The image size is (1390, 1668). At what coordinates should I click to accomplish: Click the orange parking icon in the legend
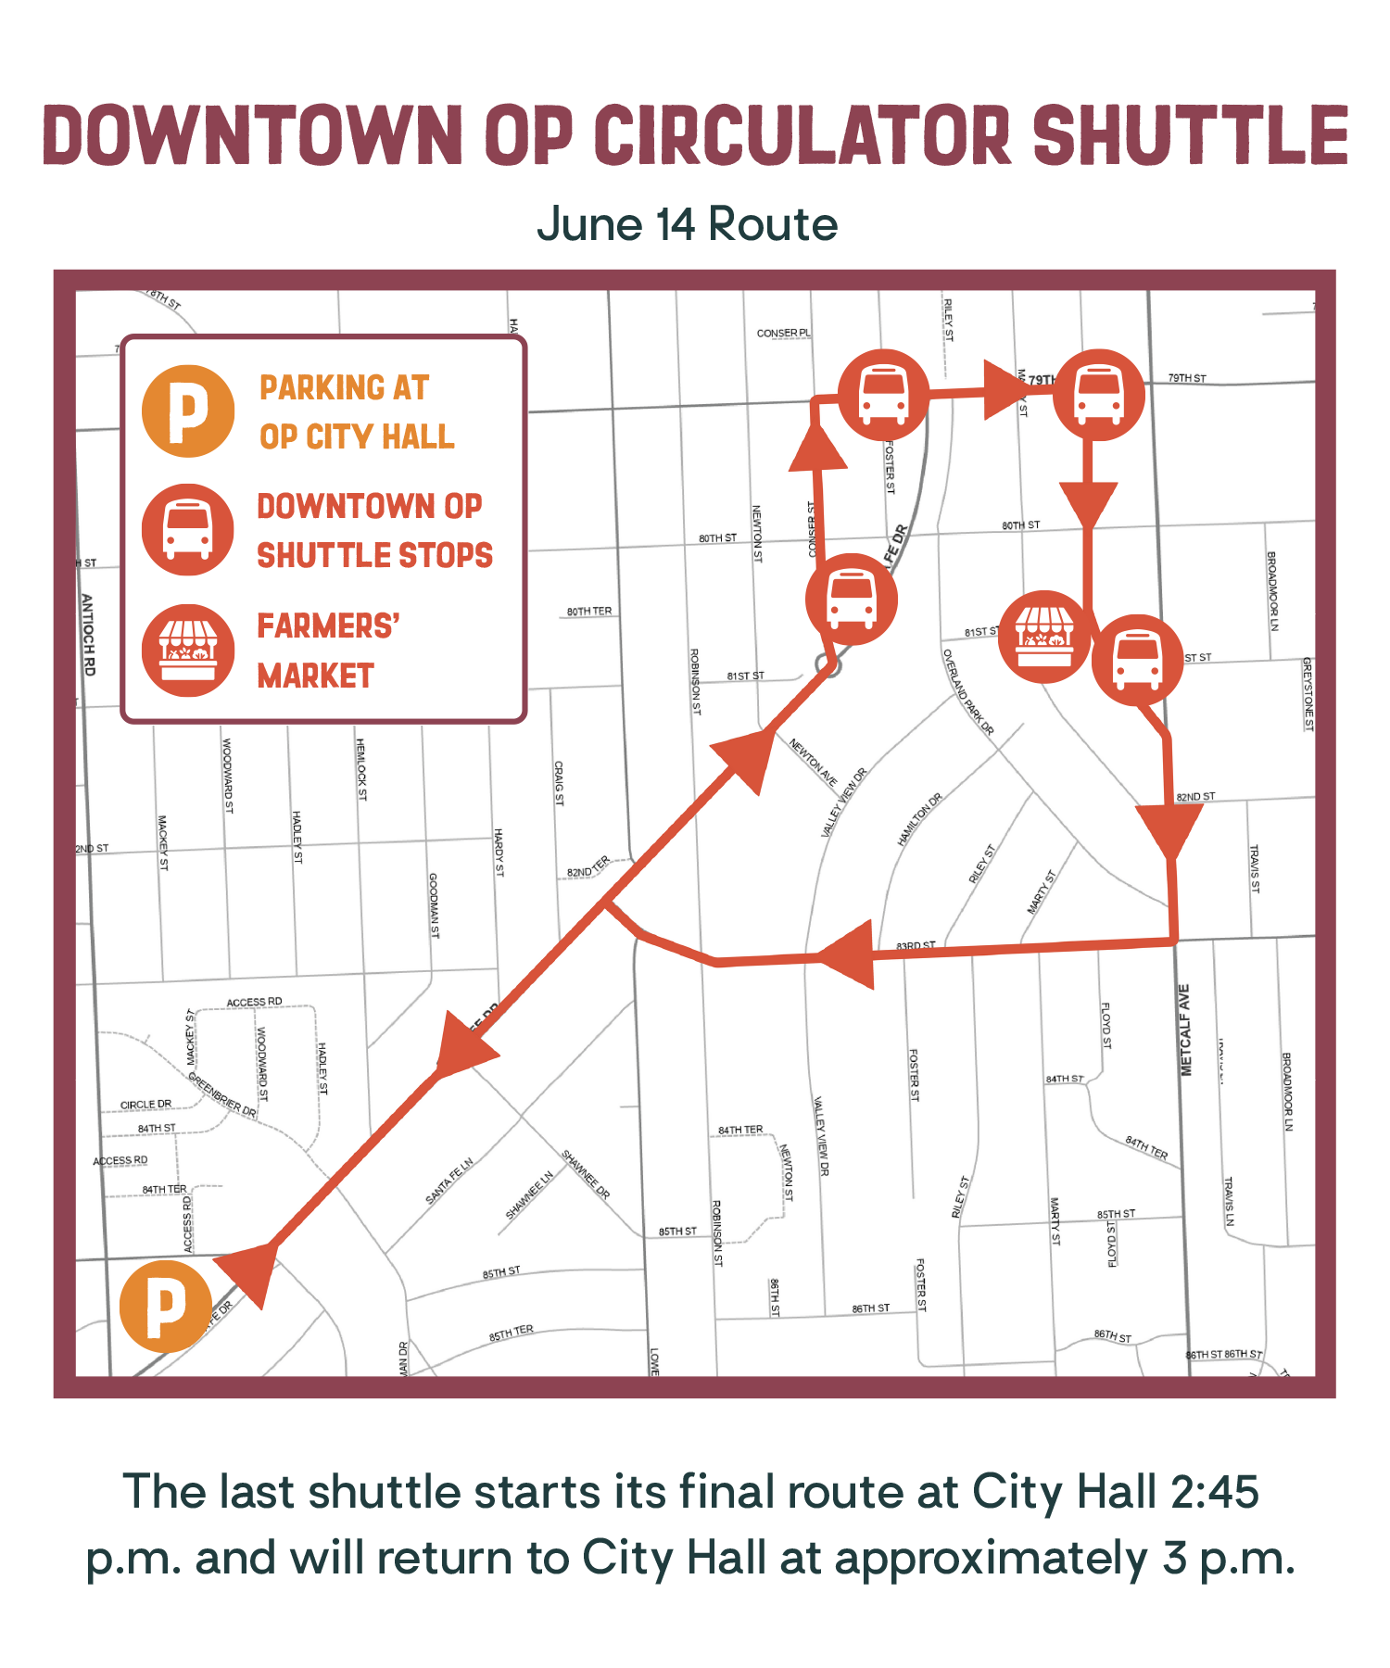188,411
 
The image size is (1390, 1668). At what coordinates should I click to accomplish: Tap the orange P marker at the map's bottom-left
166,1306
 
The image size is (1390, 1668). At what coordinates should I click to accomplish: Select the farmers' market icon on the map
1044,637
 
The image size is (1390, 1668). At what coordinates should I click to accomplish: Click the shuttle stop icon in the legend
188,529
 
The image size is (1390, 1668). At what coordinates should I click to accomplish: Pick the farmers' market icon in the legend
188,651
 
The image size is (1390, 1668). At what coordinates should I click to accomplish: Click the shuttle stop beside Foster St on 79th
883,395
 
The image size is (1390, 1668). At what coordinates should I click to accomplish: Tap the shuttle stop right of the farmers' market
1137,660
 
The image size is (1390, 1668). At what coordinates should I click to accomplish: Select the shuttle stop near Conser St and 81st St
851,600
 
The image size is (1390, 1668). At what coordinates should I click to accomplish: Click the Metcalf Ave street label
1185,1030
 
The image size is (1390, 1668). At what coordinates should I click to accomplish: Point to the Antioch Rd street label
88,634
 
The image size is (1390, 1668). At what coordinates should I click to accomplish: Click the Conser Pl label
783,333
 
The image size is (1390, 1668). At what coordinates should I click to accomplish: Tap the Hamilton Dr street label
919,819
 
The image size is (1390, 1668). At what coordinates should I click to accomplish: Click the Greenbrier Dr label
222,1094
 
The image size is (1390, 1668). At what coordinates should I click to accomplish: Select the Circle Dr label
145,1104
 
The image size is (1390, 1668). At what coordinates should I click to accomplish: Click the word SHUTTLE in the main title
1190,135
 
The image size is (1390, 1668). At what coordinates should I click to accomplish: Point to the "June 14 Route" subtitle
687,224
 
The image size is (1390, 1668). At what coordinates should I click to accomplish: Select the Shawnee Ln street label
529,1195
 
